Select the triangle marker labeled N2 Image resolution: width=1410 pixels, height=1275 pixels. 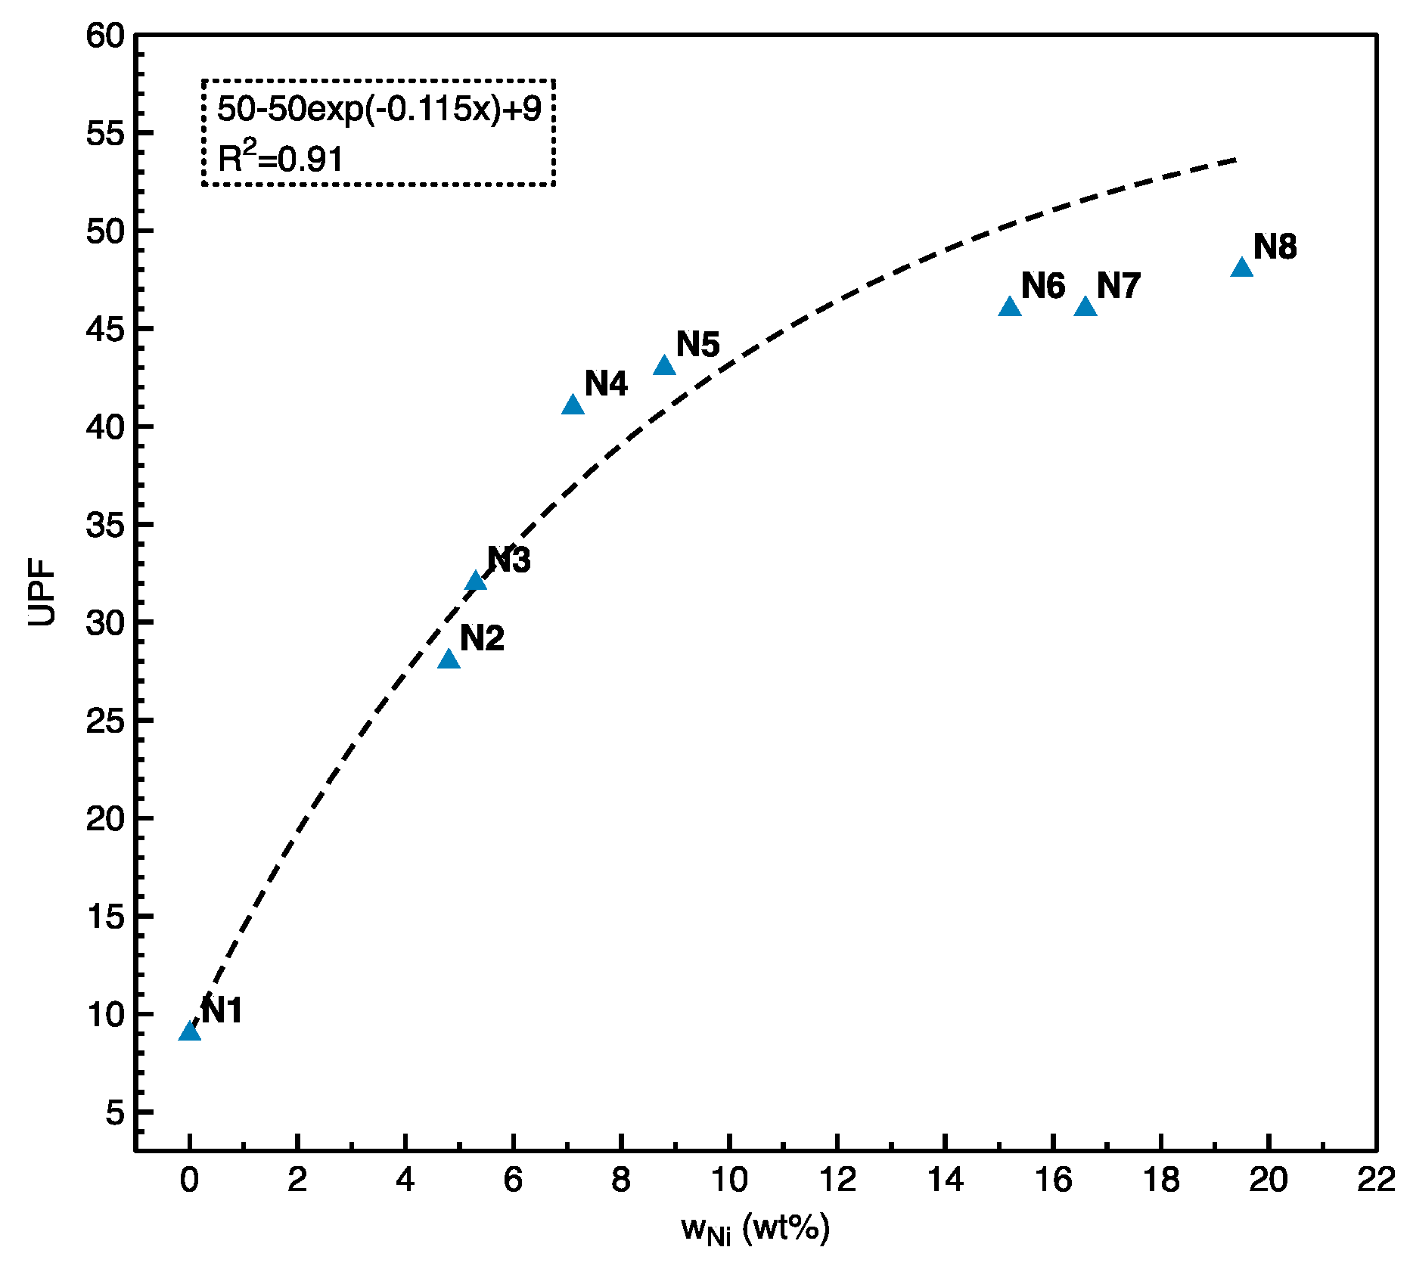pyautogui.click(x=449, y=660)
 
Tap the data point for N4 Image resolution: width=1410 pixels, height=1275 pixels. pyautogui.click(x=573, y=406)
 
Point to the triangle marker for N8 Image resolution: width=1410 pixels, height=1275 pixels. pyautogui.click(x=1242, y=268)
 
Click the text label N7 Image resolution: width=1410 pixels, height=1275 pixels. pyautogui.click(x=1118, y=287)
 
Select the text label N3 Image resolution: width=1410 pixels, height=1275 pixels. pyautogui.click(x=508, y=560)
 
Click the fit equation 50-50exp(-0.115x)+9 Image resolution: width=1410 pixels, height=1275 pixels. pyautogui.click(x=379, y=110)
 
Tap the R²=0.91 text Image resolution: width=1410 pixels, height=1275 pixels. pyautogui.click(x=280, y=158)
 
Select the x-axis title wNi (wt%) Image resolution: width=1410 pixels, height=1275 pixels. pyautogui.click(x=755, y=1228)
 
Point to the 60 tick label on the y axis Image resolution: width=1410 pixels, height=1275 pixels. pyautogui.click(x=104, y=36)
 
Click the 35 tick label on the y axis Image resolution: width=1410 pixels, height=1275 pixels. pyautogui.click(x=104, y=525)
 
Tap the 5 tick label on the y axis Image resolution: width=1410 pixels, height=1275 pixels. pyautogui.click(x=114, y=1112)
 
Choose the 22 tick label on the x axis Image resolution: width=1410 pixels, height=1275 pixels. pyautogui.click(x=1376, y=1180)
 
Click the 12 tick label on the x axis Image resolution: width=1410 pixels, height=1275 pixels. pyautogui.click(x=837, y=1180)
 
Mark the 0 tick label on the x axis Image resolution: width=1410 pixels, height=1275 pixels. pyautogui.click(x=189, y=1180)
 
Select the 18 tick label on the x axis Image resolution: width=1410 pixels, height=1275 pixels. pyautogui.click(x=1160, y=1180)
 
